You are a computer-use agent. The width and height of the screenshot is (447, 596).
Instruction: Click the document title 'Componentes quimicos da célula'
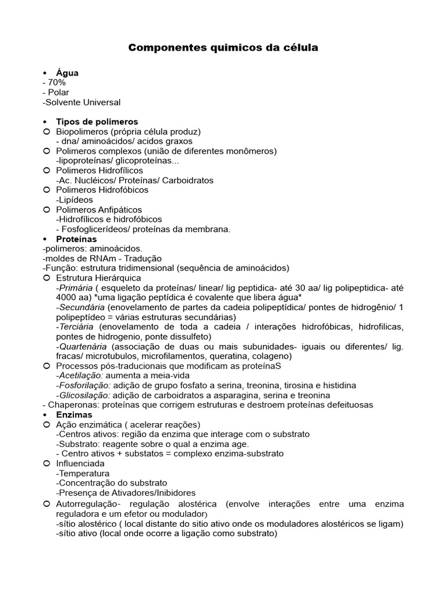click(x=223, y=48)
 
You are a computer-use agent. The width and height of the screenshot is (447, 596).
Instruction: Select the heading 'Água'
click(x=67, y=73)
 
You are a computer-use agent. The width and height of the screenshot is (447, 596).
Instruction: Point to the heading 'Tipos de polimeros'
click(x=97, y=122)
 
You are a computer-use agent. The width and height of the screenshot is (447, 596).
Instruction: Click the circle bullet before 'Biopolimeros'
click(x=47, y=132)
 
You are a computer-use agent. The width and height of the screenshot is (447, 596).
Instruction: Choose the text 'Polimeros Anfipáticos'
click(x=98, y=210)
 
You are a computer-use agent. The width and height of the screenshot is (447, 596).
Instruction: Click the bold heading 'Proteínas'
click(x=76, y=239)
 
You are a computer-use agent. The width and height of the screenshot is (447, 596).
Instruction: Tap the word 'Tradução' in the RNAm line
click(x=141, y=258)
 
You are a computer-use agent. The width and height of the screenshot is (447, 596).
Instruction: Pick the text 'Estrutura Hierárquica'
click(x=98, y=278)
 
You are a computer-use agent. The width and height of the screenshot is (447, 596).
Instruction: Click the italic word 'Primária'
click(x=74, y=288)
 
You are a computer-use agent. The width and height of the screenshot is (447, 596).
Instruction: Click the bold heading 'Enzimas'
click(x=74, y=414)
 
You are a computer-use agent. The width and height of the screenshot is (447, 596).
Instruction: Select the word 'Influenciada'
click(x=80, y=463)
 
